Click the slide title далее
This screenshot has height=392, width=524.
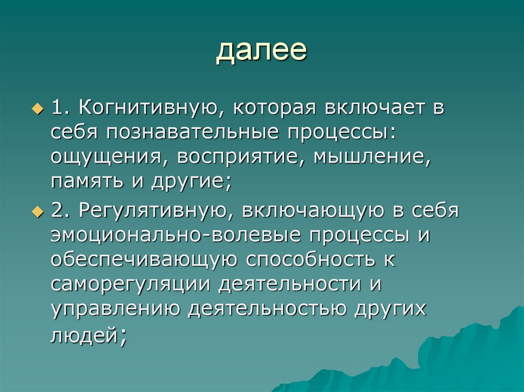point(261,51)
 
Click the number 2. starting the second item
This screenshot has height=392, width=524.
point(59,211)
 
